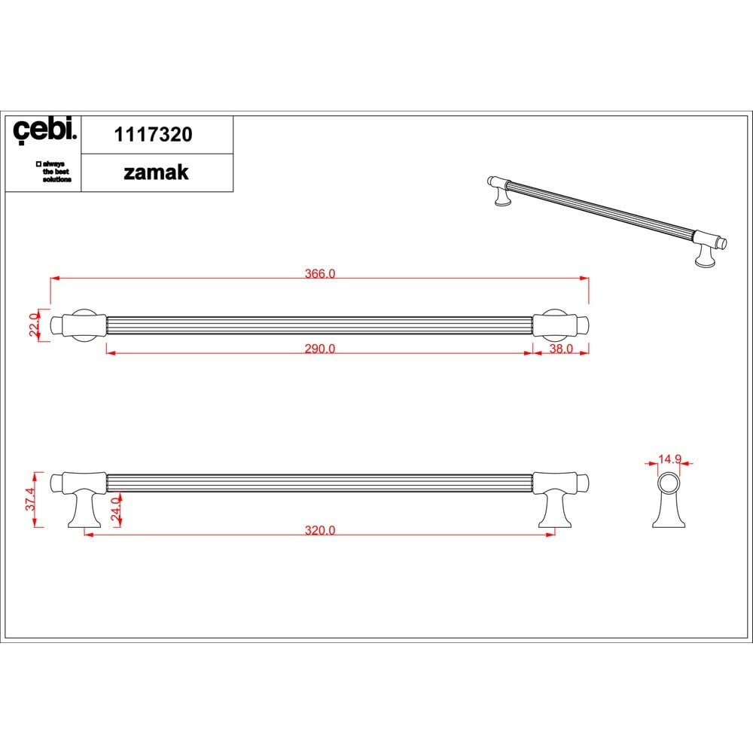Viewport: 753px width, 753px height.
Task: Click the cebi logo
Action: (44, 130)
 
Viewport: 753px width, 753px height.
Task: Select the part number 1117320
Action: (153, 135)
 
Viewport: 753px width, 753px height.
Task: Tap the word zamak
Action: (156, 172)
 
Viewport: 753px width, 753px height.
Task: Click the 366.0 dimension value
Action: (320, 273)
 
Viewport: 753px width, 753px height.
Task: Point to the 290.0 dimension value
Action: (320, 348)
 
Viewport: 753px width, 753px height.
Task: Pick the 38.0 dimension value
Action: (561, 348)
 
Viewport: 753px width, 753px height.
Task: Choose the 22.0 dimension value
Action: (34, 325)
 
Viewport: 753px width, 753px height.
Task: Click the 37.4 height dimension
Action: (30, 499)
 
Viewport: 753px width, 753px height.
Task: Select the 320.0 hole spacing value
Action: (320, 530)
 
